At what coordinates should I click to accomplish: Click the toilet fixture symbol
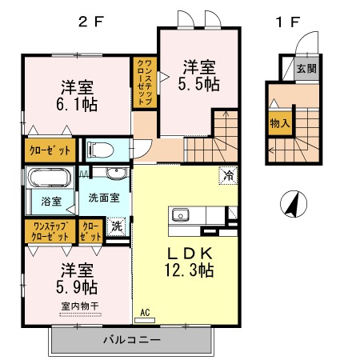100,150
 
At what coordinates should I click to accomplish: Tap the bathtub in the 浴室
50,177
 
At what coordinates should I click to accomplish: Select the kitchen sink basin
180,214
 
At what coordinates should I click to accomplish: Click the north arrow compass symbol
294,204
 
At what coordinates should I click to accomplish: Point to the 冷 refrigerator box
228,175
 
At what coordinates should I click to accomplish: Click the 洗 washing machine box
116,226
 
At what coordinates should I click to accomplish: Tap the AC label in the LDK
145,312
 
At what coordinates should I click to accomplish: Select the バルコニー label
132,340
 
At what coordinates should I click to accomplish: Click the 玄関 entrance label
306,69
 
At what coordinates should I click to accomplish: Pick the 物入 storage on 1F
280,123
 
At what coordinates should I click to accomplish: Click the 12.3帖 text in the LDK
189,270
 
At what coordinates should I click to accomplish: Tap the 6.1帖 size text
77,104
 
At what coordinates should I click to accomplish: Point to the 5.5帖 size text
198,84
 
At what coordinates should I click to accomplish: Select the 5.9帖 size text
77,287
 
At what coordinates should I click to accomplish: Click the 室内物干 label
80,306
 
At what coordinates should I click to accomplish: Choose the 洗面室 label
104,198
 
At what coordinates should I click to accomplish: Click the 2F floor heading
90,22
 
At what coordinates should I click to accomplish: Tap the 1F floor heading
288,22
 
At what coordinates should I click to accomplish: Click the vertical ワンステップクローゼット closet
145,82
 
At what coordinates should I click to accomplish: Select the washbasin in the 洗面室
116,174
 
